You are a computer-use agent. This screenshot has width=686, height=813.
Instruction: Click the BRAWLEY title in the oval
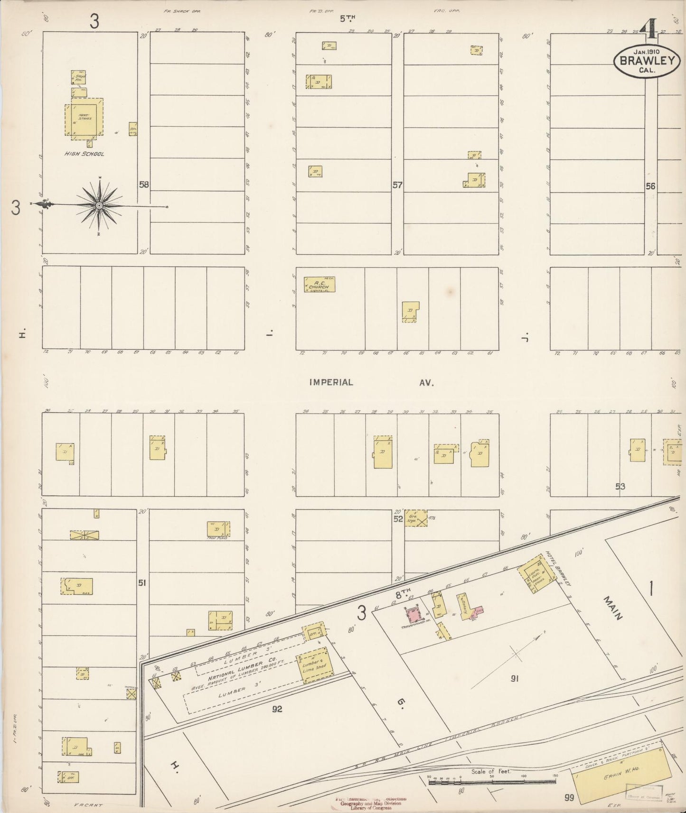[647, 60]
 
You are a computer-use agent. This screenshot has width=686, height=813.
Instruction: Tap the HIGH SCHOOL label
[85, 154]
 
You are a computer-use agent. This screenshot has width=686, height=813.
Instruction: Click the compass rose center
[99, 205]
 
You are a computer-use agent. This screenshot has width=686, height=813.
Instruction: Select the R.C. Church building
[319, 285]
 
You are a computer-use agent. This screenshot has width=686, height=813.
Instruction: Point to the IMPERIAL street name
[331, 382]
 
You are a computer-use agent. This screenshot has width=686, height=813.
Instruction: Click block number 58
[144, 185]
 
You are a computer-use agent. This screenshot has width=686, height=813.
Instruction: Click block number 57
[397, 185]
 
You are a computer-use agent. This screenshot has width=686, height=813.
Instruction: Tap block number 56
[650, 186]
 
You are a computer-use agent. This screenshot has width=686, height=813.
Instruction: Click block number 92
[277, 709]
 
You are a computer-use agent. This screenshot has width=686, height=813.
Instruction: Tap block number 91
[514, 679]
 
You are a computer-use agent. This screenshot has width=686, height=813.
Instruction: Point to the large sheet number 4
[648, 31]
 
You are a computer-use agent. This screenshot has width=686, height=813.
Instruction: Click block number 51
[141, 582]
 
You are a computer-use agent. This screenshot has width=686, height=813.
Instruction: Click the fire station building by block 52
[416, 519]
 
